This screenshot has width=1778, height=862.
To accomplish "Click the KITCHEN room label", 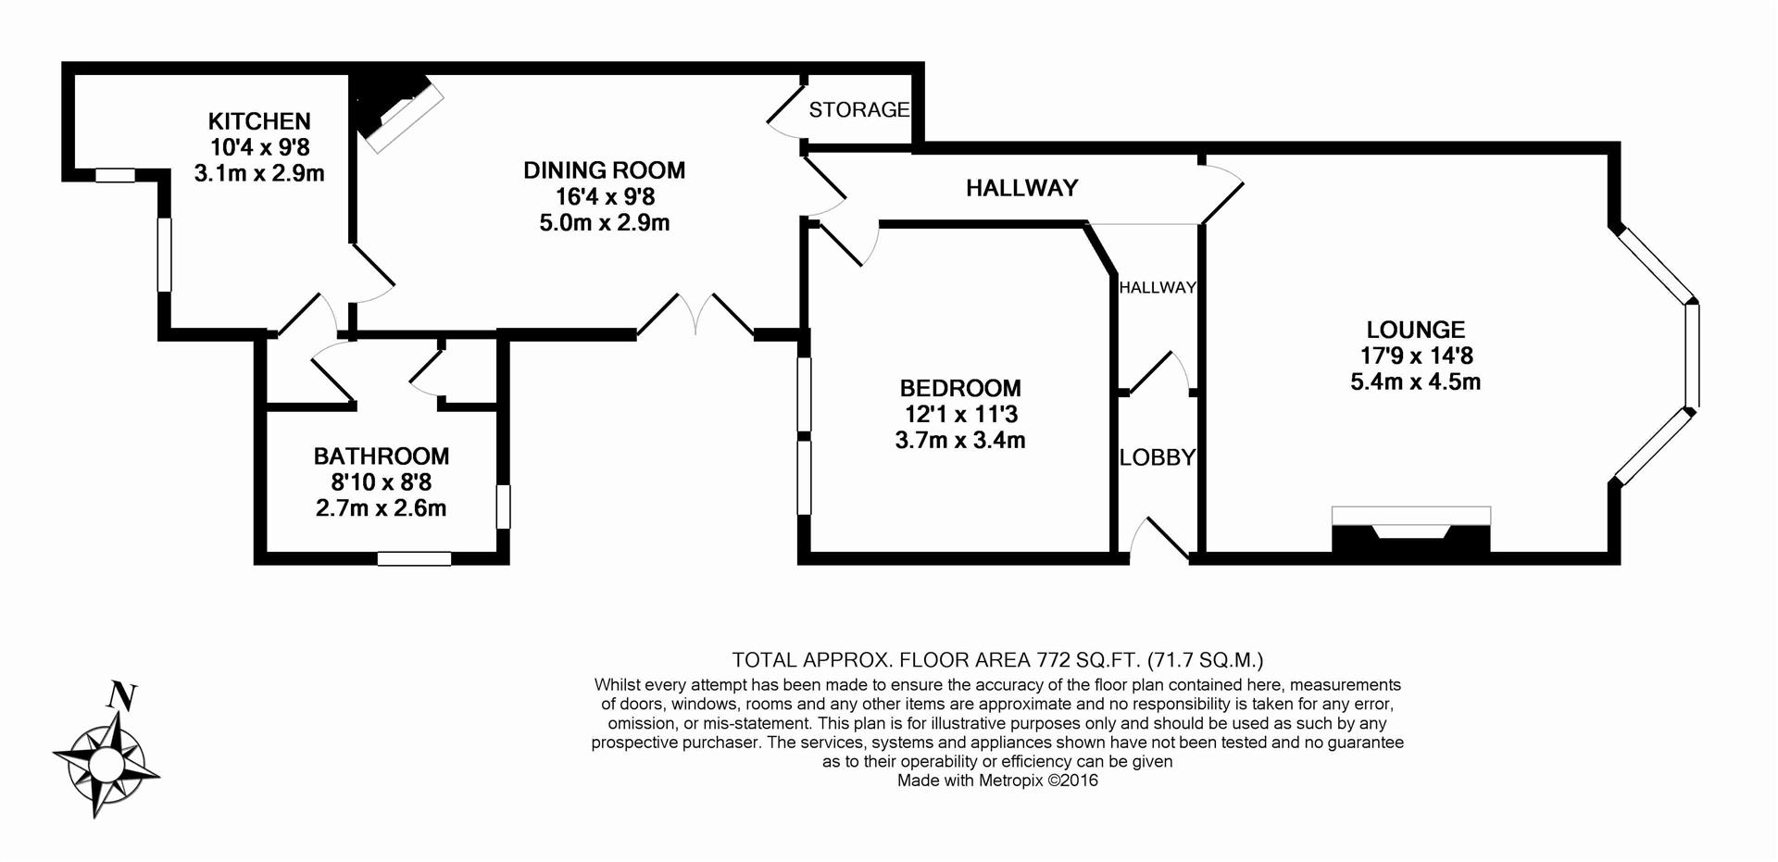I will pos(258,121).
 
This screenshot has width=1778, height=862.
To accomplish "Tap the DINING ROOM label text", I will pos(604,170).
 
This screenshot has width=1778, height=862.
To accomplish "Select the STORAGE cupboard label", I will pos(858,110).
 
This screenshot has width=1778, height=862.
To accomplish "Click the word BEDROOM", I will pos(959,389).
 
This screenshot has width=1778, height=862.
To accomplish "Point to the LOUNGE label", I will pos(1415,330).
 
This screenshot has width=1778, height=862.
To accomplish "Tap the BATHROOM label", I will pos(381,456).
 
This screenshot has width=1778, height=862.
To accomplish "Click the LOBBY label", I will pos(1157,457).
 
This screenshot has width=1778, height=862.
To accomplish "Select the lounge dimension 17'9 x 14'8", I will pos(1416,356).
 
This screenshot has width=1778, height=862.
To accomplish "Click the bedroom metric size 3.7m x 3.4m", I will pos(959,441).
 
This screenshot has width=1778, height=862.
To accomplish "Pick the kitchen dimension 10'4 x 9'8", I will pos(259,147).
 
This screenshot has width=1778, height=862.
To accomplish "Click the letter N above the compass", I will pos(121,696).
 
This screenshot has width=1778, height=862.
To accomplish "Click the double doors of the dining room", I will pos(695,316).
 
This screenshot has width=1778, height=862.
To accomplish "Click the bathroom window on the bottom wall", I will pos(414,558).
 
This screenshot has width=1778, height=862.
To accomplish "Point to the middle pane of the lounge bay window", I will pos(1691,356).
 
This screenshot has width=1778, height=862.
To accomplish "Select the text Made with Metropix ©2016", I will pos(997,781).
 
